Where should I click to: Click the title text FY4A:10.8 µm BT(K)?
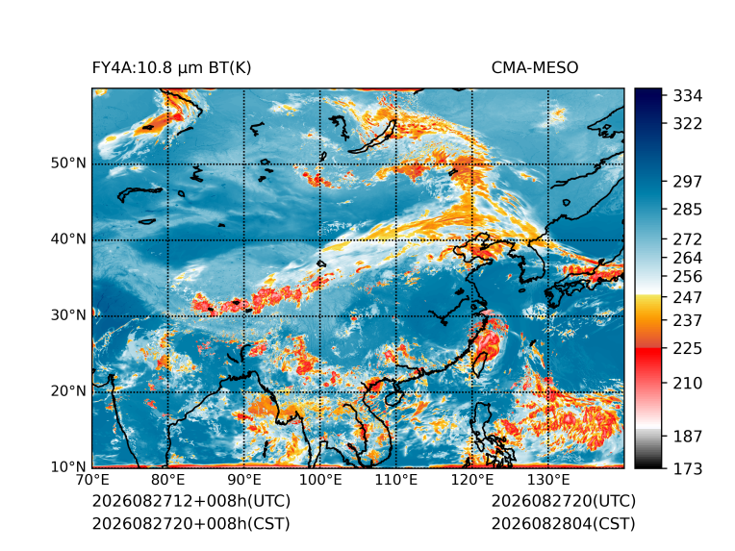171,68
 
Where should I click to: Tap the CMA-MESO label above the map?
535,68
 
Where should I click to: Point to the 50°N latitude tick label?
68,163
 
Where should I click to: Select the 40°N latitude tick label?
68,239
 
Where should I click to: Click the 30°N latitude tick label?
68,315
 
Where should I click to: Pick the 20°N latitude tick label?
68,391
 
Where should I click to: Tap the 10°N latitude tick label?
68,466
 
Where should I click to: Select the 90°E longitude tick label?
243,480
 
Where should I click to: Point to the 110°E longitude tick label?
396,480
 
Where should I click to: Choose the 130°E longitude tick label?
548,480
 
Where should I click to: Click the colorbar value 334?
688,96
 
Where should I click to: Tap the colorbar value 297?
688,182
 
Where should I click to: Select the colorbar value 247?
688,297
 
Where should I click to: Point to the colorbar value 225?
688,349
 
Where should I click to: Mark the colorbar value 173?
688,468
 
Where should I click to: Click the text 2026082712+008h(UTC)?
191,501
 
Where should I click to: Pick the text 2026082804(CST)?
564,524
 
